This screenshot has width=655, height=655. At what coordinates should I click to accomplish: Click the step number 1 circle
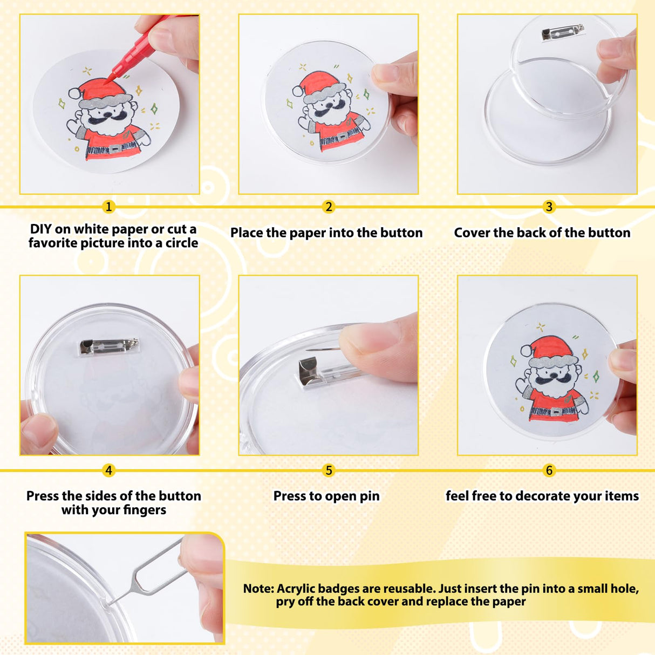click(108, 207)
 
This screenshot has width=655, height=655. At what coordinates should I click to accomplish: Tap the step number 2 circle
click(329, 207)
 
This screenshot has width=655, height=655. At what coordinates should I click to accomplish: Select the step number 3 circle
click(549, 207)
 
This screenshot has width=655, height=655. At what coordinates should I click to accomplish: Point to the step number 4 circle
click(108, 470)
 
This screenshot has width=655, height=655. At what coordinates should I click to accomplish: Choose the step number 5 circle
click(329, 470)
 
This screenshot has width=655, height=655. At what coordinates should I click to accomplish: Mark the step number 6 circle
click(549, 470)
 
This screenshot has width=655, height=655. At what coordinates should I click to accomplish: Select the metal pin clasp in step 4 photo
click(108, 346)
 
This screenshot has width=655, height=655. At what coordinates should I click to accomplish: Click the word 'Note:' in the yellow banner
click(258, 589)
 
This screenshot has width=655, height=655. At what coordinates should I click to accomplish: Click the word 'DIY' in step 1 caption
click(40, 229)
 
